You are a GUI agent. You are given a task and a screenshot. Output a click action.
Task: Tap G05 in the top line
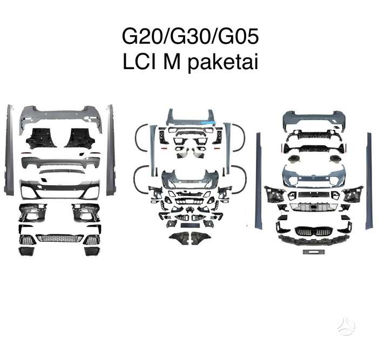pos(239,36)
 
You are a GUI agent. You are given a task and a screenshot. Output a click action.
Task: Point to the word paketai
pos(223,63)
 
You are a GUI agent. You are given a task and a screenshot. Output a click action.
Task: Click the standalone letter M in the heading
pos(172,62)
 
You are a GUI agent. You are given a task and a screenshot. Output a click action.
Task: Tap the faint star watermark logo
pos(346,326)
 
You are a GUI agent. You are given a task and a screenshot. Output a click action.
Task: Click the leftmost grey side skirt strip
pos(9,150)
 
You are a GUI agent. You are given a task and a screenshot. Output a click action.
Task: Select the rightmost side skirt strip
pos(369,181)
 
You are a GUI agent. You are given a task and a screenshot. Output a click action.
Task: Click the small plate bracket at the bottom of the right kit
pos(314,252)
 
